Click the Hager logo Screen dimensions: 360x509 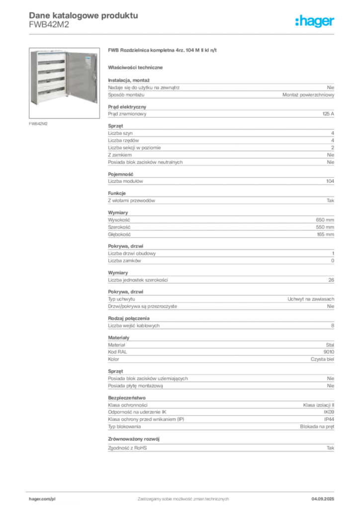click(x=315, y=21)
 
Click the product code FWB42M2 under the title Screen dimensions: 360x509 click(x=49, y=25)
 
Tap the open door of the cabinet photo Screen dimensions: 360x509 click(x=82, y=77)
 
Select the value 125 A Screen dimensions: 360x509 click(x=328, y=114)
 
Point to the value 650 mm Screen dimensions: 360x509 click(x=325, y=220)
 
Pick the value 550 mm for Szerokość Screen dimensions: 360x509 click(x=325, y=227)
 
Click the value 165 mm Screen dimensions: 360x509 click(x=326, y=235)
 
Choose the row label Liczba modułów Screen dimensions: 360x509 click(x=125, y=181)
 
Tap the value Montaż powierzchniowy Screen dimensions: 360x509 click(x=308, y=95)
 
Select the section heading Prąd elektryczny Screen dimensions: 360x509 click(x=127, y=107)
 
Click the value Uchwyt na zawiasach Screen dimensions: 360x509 click(x=311, y=299)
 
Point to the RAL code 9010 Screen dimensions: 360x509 click(x=329, y=352)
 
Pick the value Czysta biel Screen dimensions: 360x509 click(x=322, y=359)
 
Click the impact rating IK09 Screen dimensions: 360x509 click(x=329, y=412)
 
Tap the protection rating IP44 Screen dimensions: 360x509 click(x=329, y=419)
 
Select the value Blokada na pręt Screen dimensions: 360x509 click(x=317, y=426)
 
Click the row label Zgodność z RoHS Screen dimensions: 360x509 click(x=127, y=448)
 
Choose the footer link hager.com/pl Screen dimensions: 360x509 click(x=42, y=499)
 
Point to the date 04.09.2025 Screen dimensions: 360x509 click(x=323, y=499)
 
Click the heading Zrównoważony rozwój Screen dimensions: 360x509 click(x=134, y=439)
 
